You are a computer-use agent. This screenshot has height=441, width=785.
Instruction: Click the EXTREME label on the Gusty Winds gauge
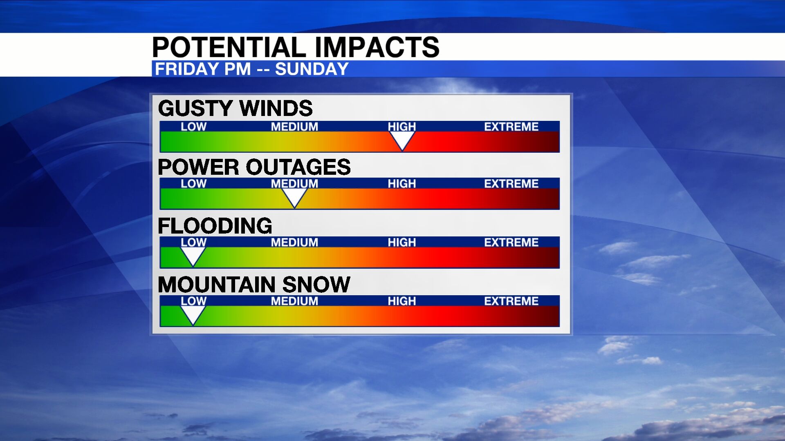coord(511,127)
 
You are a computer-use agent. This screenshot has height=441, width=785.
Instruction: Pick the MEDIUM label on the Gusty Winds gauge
coord(294,127)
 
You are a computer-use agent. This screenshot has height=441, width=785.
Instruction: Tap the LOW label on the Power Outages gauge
coord(193,184)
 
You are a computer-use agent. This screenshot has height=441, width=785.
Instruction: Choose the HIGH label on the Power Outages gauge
coord(401,184)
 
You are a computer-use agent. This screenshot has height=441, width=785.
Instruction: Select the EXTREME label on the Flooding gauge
coord(511,243)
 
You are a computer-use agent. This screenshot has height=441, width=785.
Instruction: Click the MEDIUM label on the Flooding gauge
coord(294,243)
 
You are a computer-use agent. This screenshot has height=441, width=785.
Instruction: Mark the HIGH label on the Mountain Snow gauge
coord(401,301)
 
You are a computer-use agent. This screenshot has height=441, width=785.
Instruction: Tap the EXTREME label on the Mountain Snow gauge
coord(511,301)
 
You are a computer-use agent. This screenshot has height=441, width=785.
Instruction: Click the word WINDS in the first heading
coord(276,109)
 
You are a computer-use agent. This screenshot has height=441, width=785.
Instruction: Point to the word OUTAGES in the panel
coord(298,167)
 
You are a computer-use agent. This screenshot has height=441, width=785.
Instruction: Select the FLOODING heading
coord(215,226)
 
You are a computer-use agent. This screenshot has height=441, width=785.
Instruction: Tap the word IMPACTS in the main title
coord(377,47)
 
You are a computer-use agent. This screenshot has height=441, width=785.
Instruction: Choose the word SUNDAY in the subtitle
coord(312,69)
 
